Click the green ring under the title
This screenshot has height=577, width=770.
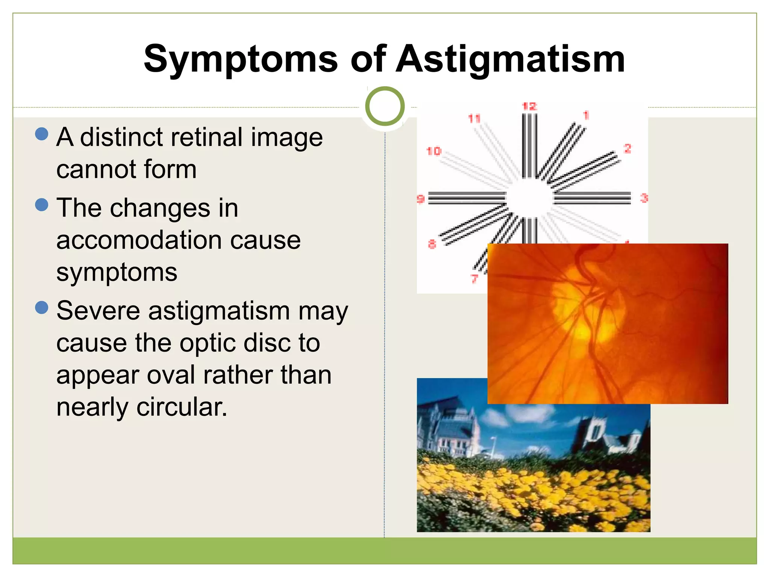(x=385, y=106)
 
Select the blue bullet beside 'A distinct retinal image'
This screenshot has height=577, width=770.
(x=41, y=134)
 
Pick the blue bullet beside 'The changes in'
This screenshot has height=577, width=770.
(x=41, y=205)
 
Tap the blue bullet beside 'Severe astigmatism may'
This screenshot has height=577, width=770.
(x=41, y=307)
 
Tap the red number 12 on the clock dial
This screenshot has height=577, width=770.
(x=529, y=106)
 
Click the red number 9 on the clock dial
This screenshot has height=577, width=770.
(x=420, y=199)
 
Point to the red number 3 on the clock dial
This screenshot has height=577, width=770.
(x=644, y=198)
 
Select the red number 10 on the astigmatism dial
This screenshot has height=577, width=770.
(x=434, y=151)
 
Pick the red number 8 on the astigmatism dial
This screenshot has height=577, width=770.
(x=432, y=244)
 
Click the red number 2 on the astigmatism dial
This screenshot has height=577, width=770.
(x=627, y=148)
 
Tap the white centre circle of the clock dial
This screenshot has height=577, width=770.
(x=529, y=198)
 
